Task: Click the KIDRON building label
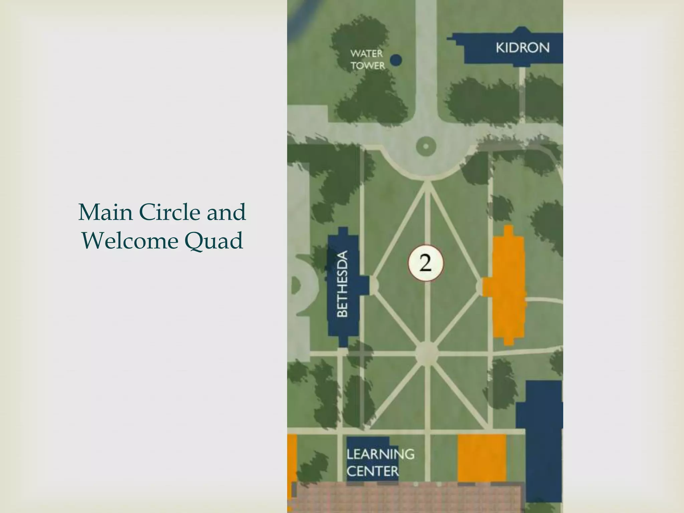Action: (522, 48)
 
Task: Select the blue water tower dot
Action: (396, 60)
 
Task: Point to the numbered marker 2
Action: (425, 263)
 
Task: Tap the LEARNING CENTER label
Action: (380, 463)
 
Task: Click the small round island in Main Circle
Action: (426, 146)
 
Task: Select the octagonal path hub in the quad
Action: (426, 352)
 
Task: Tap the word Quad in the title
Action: (213, 240)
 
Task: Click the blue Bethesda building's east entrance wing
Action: (364, 285)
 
